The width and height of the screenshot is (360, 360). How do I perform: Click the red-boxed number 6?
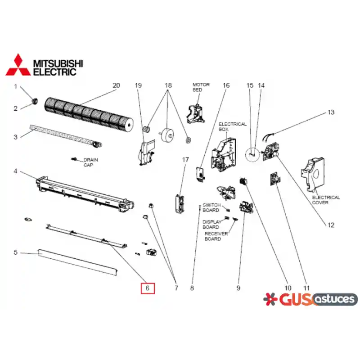(x=148, y=288)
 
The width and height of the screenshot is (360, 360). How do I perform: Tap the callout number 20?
(x=116, y=85)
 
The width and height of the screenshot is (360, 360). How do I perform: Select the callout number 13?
(x=331, y=112)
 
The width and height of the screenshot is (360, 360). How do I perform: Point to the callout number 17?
(x=185, y=160)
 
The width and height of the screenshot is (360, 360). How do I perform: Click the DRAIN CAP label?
(x=90, y=162)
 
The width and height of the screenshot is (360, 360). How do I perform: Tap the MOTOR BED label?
(x=201, y=87)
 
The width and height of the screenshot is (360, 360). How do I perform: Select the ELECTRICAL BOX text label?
(x=232, y=127)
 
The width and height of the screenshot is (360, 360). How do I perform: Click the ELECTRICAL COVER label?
(x=326, y=200)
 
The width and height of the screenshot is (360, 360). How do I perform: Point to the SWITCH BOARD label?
(x=211, y=207)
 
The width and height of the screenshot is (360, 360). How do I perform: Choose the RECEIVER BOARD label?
(x=216, y=236)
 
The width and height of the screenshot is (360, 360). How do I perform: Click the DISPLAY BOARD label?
(x=211, y=224)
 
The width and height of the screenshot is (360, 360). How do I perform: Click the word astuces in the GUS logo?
(x=335, y=299)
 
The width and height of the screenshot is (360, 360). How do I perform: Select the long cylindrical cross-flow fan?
(x=89, y=115)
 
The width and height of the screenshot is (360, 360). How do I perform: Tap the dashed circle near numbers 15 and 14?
(x=252, y=154)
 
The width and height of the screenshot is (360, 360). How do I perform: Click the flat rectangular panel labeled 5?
(x=78, y=262)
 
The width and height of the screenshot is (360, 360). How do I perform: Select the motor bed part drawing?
(x=196, y=114)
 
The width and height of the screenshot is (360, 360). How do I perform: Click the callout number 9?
(x=238, y=288)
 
